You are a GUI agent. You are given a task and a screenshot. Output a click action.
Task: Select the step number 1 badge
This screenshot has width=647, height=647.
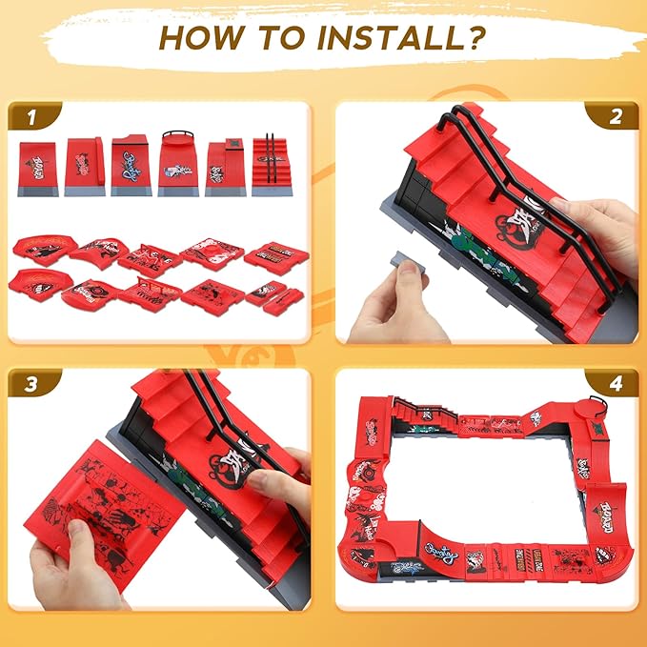31,118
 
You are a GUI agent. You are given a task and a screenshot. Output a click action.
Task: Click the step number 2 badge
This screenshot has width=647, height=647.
616,118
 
